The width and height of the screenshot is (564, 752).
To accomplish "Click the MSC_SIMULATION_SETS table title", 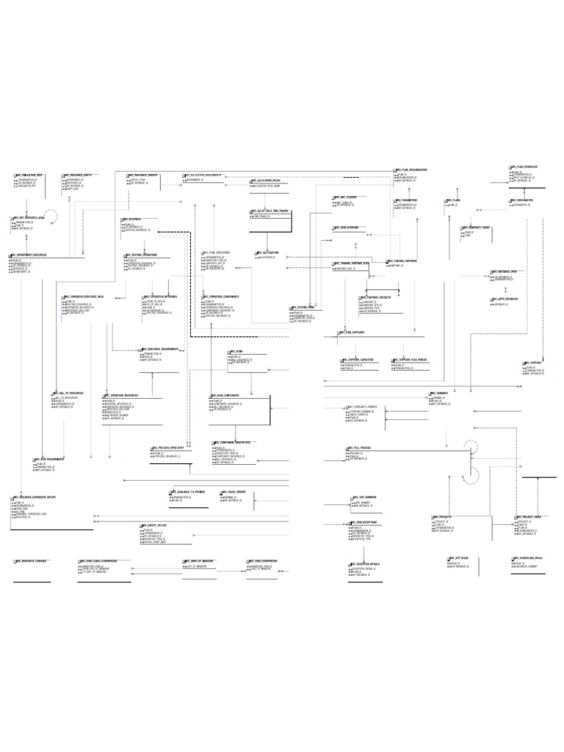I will (x=30, y=176).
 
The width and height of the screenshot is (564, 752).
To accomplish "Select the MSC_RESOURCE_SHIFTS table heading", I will (x=78, y=176).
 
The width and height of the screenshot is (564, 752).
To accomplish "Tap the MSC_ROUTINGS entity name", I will (x=133, y=219).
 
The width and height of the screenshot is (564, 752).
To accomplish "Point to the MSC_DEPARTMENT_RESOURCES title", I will (x=30, y=255).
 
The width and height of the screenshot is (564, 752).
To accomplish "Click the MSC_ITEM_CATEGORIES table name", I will (x=217, y=253).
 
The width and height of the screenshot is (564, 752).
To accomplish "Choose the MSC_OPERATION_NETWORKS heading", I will (x=161, y=297).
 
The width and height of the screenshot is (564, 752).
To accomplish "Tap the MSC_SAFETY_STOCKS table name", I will (x=155, y=526).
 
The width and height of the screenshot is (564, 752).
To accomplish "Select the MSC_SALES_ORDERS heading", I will (x=233, y=491).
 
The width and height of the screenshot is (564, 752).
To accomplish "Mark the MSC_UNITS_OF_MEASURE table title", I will (x=201, y=562).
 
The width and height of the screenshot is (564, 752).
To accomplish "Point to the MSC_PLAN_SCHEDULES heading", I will (x=525, y=167).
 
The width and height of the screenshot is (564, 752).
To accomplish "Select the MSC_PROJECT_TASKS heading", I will (x=530, y=517).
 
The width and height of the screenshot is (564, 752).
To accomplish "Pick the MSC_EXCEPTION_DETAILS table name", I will (x=365, y=563).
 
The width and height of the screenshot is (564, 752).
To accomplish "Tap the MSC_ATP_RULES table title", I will (x=460, y=558).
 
